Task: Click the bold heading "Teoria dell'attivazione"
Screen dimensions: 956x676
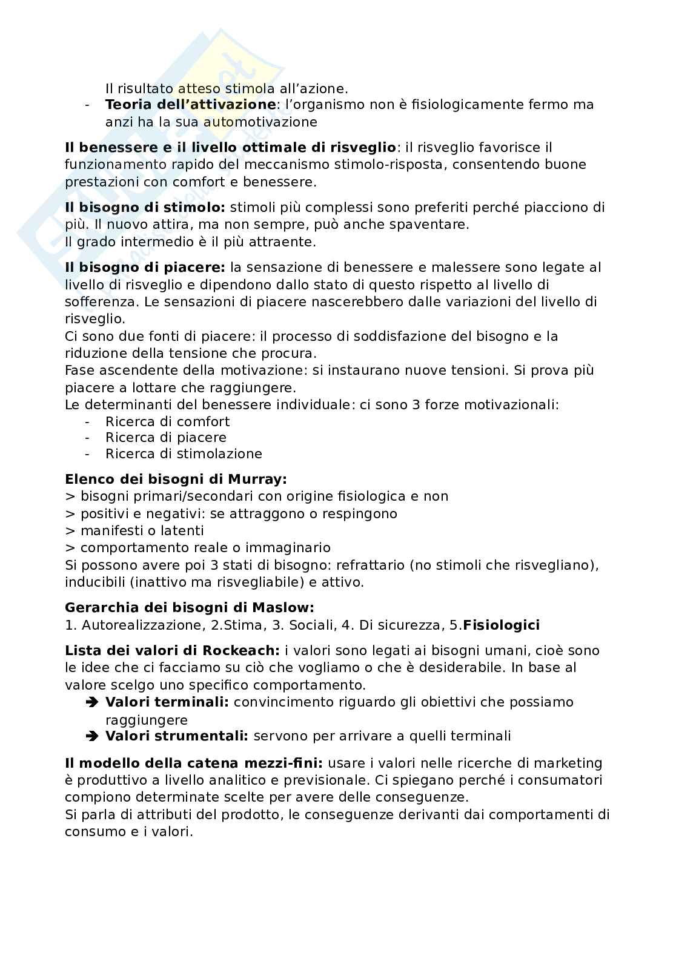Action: point(190,105)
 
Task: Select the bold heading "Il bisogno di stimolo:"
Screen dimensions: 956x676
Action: point(145,208)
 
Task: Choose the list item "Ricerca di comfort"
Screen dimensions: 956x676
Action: point(167,421)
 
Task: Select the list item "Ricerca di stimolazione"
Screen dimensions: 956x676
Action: point(184,454)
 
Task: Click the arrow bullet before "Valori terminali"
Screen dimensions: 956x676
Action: point(92,703)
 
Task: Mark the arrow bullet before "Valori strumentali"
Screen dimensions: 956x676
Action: point(92,737)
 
